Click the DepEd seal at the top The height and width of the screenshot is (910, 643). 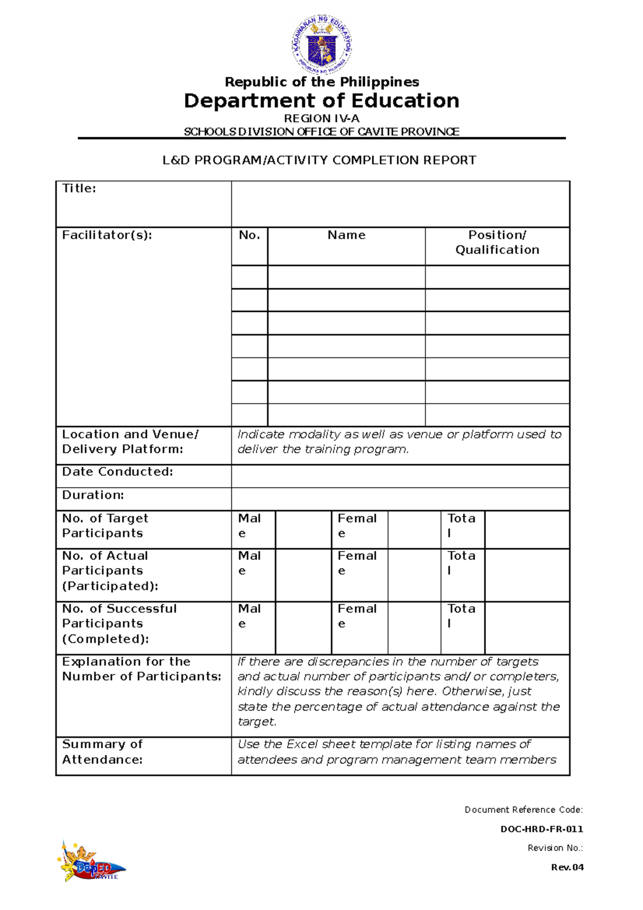click(x=322, y=44)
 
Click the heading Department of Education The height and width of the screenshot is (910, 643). click(x=322, y=101)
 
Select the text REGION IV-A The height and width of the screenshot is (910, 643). click(x=322, y=118)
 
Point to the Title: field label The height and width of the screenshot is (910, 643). click(x=79, y=188)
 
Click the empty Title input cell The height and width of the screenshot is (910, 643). click(x=400, y=204)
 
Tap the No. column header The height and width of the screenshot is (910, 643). click(x=249, y=235)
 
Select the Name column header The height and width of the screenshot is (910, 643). click(x=346, y=235)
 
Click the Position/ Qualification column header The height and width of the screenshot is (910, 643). click(x=497, y=242)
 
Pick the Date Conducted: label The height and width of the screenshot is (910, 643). click(x=117, y=472)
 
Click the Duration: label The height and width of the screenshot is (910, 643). click(x=93, y=495)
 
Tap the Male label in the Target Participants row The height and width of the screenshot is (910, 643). click(x=249, y=525)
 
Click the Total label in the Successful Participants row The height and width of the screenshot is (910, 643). click(x=461, y=616)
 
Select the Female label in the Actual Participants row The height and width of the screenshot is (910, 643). click(x=357, y=563)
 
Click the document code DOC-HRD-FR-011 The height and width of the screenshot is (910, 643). click(x=541, y=829)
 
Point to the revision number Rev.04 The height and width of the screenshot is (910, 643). click(x=567, y=867)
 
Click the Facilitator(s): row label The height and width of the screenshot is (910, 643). click(x=107, y=235)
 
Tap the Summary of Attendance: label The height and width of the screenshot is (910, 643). click(x=102, y=751)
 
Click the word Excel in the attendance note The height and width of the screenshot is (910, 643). click(x=303, y=744)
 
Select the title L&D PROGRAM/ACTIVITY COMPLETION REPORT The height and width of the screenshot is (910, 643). click(x=319, y=160)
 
